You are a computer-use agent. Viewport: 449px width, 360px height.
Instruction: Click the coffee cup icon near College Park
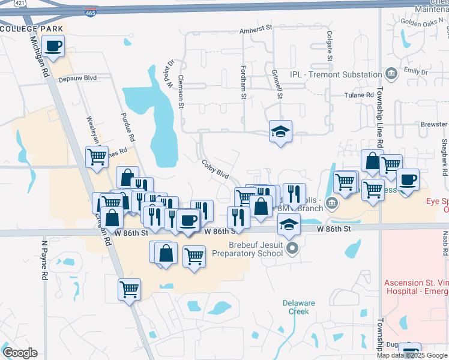coord(53,46)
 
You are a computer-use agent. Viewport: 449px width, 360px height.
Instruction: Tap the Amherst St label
coord(256,28)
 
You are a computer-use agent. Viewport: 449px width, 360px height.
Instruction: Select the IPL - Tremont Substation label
coord(336,74)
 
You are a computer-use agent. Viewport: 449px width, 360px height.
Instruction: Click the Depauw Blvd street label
coord(77,78)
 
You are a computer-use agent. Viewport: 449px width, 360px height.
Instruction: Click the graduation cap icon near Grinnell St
coord(280,131)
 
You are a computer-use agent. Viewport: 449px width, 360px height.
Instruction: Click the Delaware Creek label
coord(299,307)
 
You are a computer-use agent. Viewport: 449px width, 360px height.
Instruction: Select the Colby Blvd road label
coord(215,168)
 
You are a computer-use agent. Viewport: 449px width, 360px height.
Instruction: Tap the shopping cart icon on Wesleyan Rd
coord(97,157)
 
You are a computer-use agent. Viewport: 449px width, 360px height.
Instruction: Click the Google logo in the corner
coord(20,352)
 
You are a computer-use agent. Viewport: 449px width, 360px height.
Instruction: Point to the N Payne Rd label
coord(44,261)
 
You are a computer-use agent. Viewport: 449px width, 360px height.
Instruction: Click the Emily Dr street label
coord(415,71)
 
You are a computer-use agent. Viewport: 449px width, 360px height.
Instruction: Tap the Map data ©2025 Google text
coord(413,355)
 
